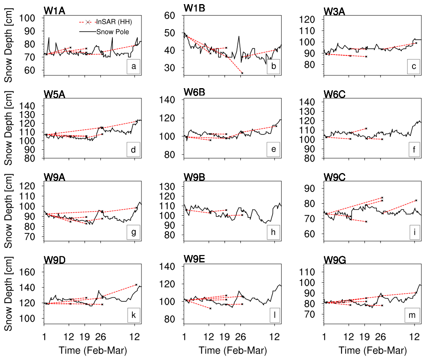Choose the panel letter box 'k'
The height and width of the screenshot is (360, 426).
tap(133, 315)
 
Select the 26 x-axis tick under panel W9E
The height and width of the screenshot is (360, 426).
tap(241, 337)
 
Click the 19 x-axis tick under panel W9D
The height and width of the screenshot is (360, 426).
tap(86, 337)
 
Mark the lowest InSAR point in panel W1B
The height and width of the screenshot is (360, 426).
tap(242, 73)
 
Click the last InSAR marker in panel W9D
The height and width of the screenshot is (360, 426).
tap(136, 285)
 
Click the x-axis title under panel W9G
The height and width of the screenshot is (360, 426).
tap(373, 351)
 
